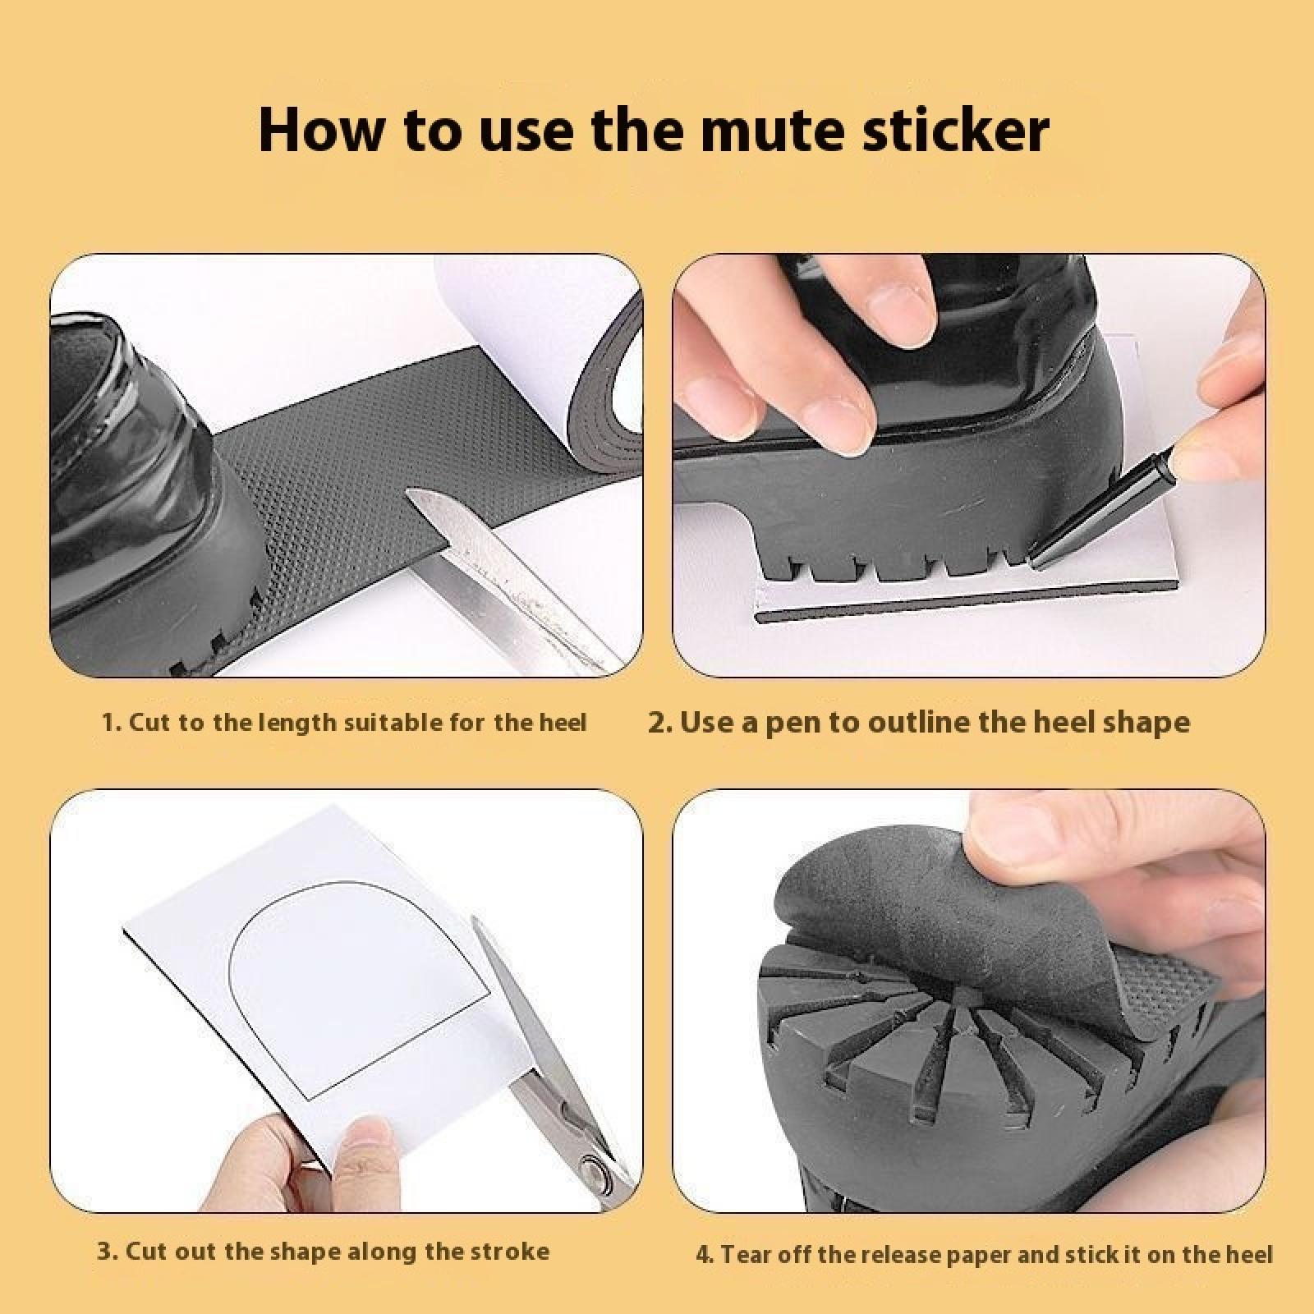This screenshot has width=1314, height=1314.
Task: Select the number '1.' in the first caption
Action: coord(112,723)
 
